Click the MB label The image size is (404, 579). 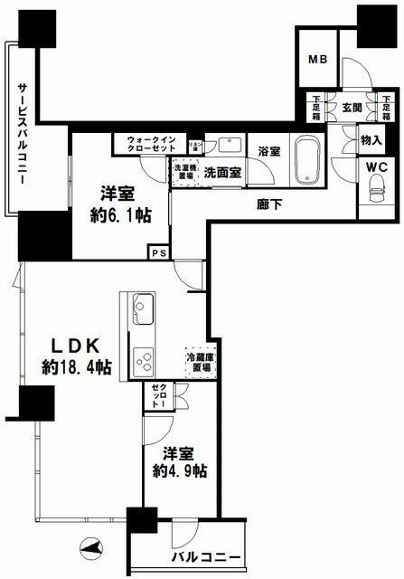[317, 61]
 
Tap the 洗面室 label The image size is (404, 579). [221, 171]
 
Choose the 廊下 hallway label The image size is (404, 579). [270, 204]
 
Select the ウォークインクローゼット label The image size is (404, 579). [151, 145]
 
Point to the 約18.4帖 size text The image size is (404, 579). [76, 367]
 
